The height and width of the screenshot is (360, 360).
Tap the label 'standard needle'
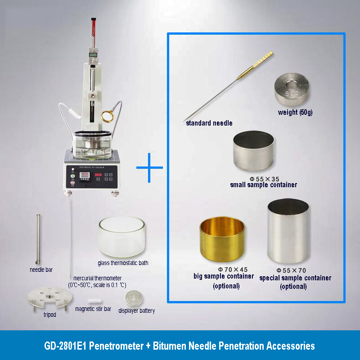pos(209,122)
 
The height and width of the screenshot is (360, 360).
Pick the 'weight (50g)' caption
pos(294,112)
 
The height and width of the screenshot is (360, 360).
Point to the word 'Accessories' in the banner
pos(288,346)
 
